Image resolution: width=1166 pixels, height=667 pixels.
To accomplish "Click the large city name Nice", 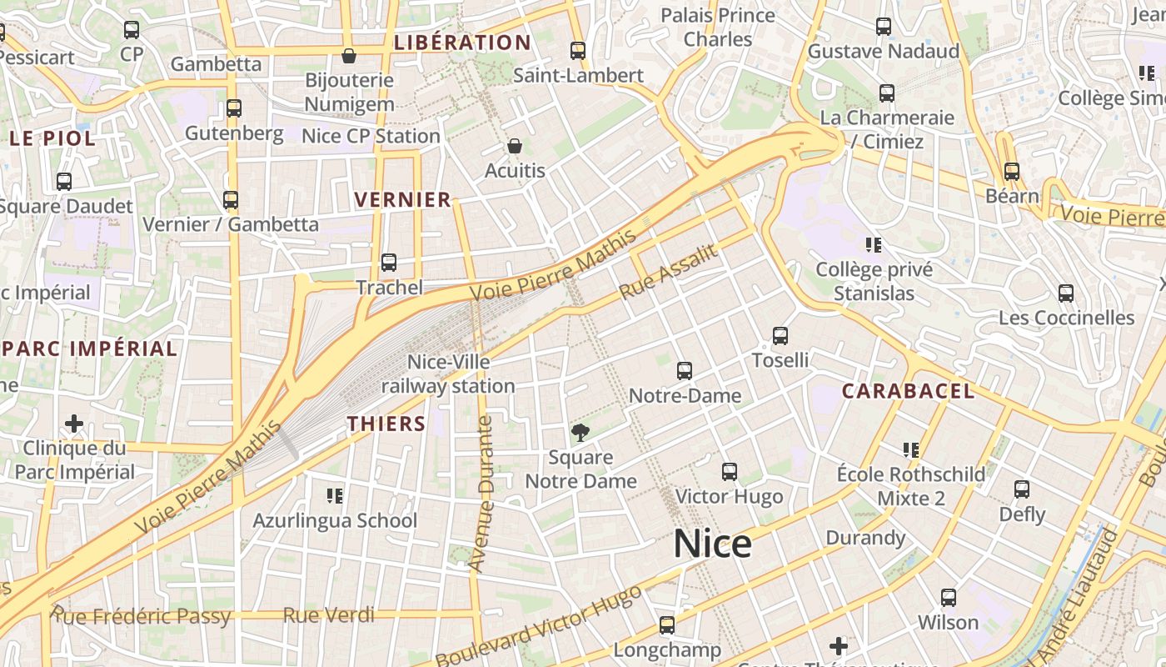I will pos(712,544).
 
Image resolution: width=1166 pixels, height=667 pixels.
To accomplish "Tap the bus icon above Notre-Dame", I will pos(685,371).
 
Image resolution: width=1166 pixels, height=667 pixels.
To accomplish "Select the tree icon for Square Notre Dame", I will pos(581,432).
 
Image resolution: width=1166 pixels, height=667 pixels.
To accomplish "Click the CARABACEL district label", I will pos(908,391).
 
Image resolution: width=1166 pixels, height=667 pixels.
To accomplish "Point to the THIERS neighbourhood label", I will pos(386,424).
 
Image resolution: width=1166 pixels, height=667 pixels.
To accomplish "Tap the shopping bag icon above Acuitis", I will pos(515,147).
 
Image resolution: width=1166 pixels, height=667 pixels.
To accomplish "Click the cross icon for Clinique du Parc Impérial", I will pos(74,424).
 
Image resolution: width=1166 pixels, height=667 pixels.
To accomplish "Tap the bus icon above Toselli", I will pos(780,336).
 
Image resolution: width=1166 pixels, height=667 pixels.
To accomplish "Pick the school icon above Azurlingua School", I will pos(335,496).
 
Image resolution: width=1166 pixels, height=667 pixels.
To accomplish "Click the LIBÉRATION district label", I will pos(462,43).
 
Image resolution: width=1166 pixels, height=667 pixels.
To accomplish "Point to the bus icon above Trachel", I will pos(389,263).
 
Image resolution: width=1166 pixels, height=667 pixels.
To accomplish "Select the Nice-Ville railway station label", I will pos(448,374).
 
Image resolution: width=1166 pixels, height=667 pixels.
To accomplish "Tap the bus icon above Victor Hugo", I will pos(730,472).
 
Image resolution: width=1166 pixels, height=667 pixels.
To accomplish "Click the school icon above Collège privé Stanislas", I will pos(874,245).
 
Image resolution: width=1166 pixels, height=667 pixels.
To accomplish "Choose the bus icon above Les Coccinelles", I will pos(1066,293).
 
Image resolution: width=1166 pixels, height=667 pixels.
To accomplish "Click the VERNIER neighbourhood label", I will pos(403,200).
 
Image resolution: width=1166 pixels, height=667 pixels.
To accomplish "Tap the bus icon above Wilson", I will pos(949,598).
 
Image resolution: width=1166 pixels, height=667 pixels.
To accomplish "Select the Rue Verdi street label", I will pos(329,615).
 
